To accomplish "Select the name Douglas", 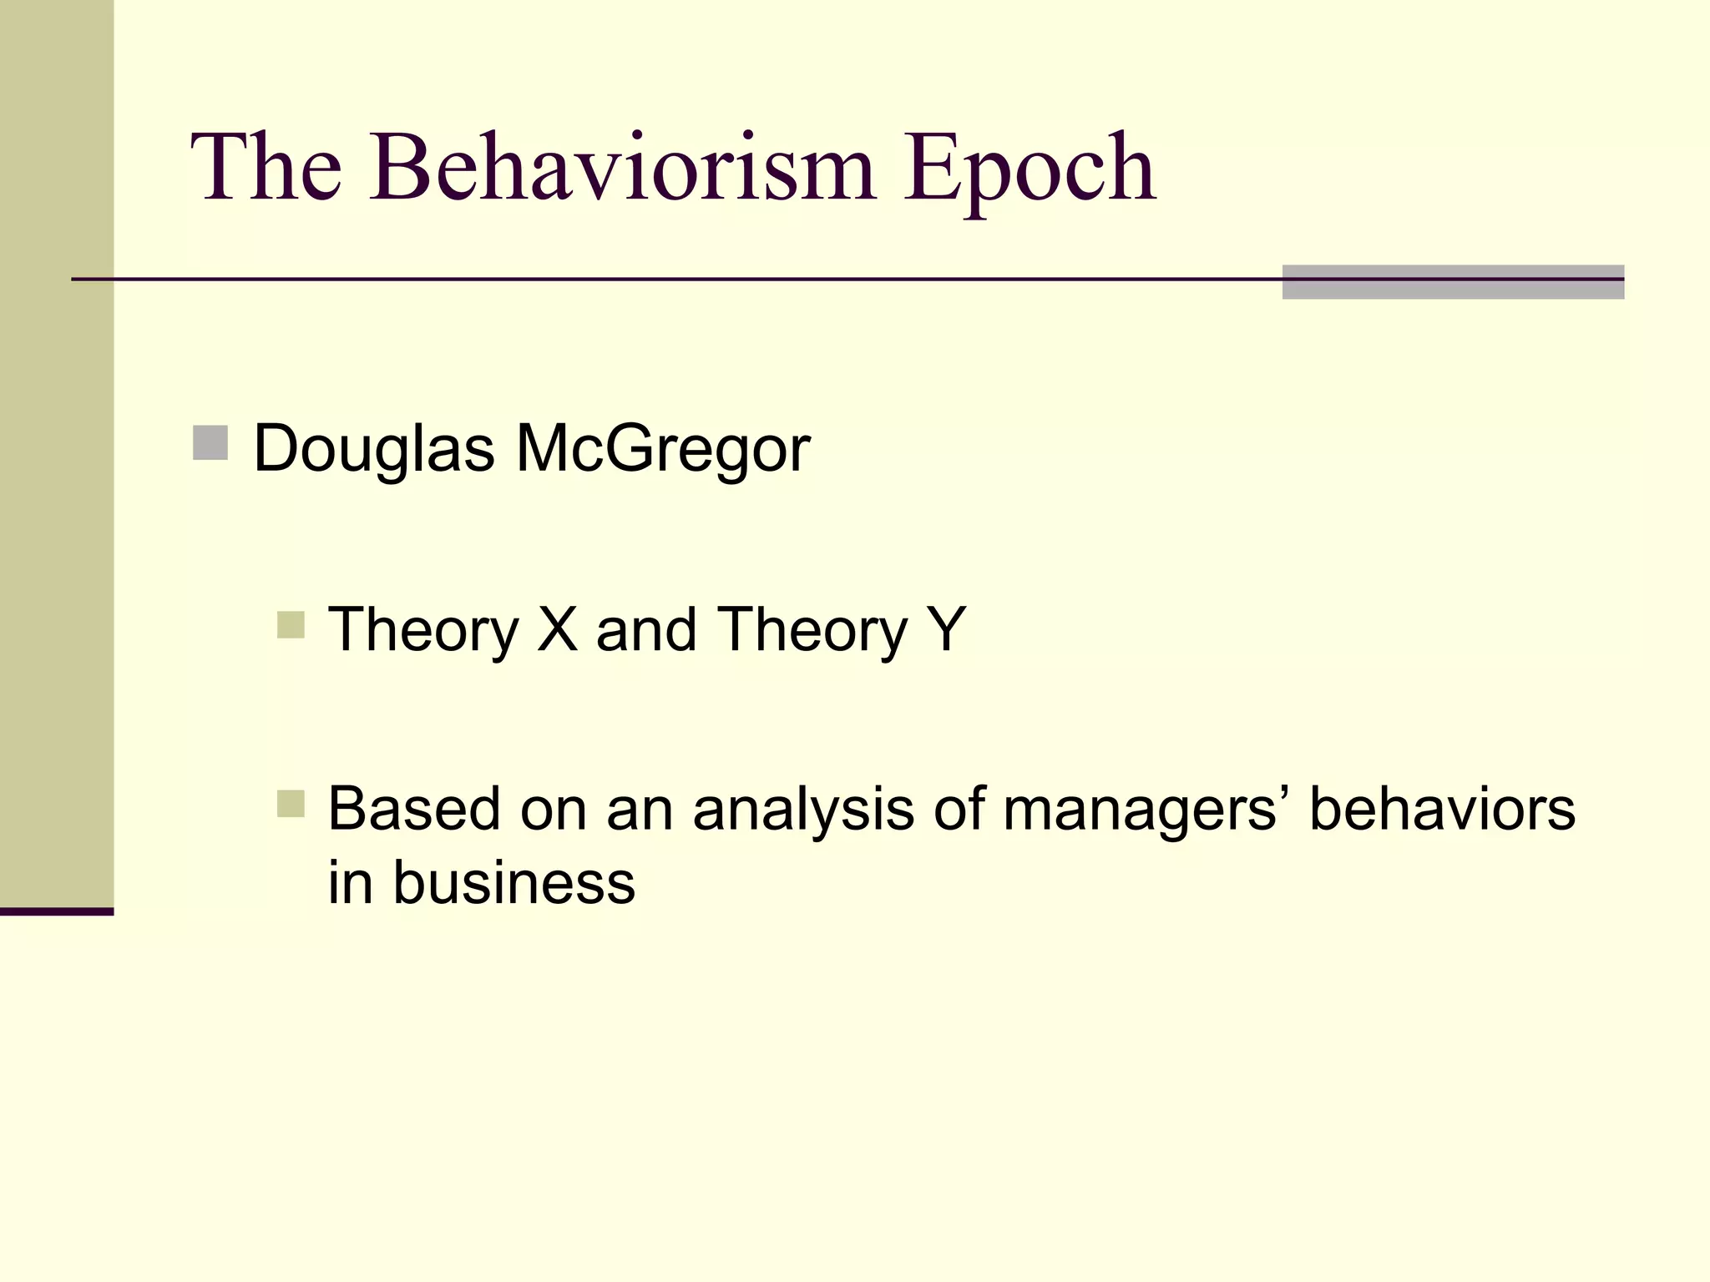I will pyautogui.click(x=374, y=449).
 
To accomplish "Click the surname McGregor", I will pyautogui.click(x=663, y=449).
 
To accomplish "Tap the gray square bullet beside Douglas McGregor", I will pyautogui.click(x=210, y=442).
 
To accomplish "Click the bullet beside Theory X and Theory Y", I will pyautogui.click(x=291, y=624).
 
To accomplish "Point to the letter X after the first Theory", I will pyautogui.click(x=557, y=629).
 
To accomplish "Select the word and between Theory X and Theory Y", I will pyautogui.click(x=646, y=629).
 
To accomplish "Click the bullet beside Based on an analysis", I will pyautogui.click(x=291, y=804).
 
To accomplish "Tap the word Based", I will pyautogui.click(x=414, y=809).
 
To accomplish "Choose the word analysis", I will pyautogui.click(x=803, y=809).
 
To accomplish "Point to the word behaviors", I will pyautogui.click(x=1442, y=809).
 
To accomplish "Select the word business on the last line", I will pyautogui.click(x=514, y=882).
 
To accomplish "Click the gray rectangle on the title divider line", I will pyautogui.click(x=1453, y=281).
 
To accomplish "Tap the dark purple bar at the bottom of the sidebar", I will pyautogui.click(x=57, y=911).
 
